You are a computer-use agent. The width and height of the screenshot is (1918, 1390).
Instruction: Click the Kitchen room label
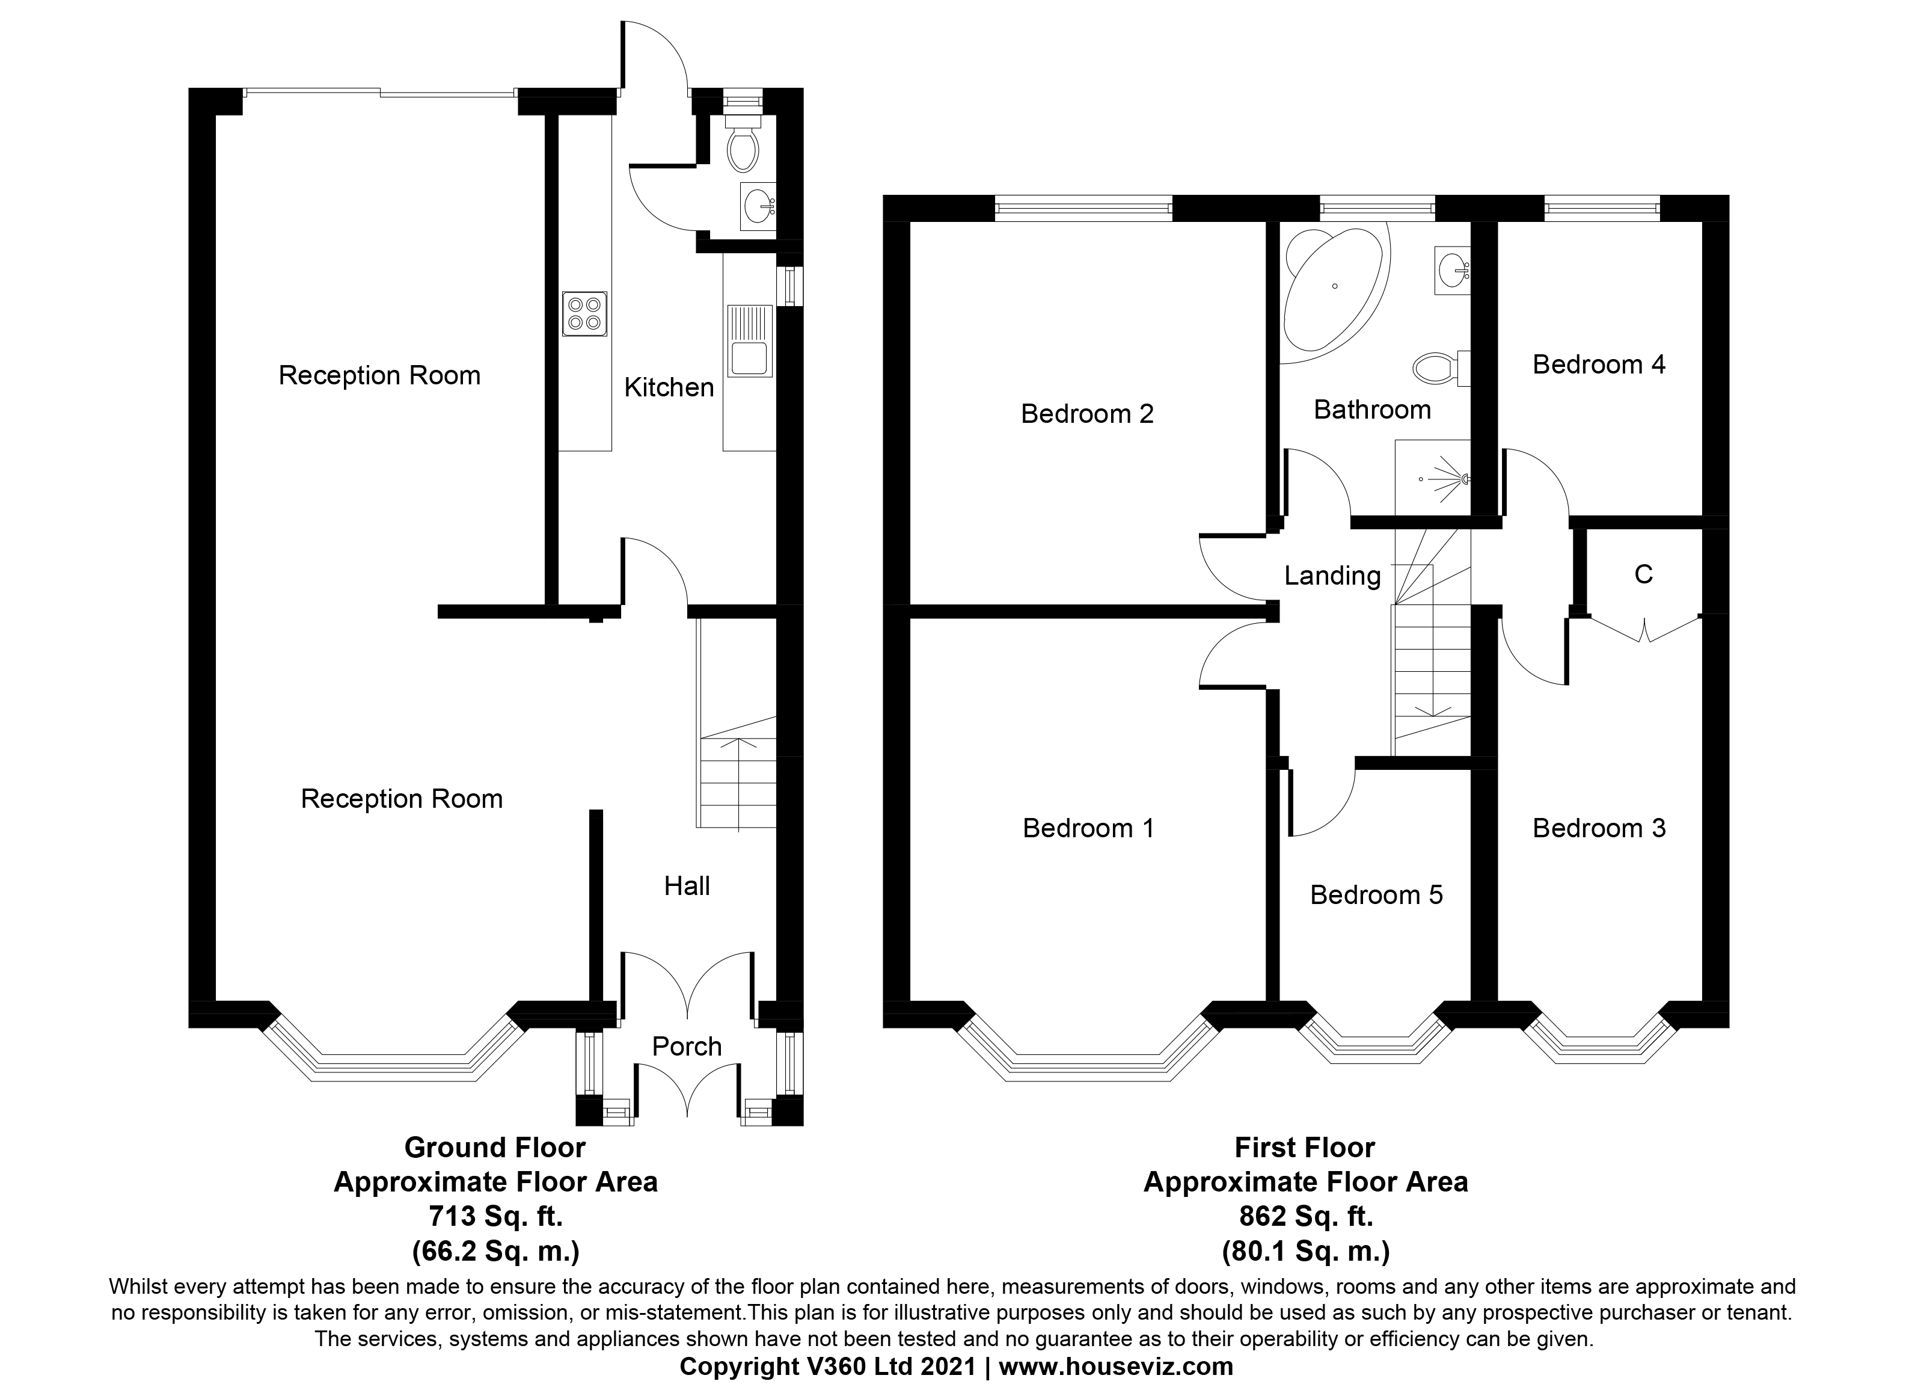[x=669, y=387]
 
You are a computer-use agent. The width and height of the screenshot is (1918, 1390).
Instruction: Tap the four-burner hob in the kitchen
[x=584, y=314]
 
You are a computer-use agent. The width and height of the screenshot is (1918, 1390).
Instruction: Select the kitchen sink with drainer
[x=750, y=341]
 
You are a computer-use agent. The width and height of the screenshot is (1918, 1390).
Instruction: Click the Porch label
[x=687, y=1047]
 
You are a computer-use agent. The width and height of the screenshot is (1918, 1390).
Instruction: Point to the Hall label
[x=687, y=886]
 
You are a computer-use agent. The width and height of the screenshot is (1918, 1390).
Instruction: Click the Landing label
[x=1332, y=576]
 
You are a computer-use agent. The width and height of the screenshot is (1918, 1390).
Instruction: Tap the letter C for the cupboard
[x=1643, y=574]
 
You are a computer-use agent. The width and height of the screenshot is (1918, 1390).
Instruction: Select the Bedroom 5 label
[x=1376, y=895]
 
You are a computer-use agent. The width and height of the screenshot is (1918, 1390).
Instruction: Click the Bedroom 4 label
[x=1598, y=364]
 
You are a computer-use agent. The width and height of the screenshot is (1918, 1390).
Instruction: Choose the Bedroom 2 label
[x=1086, y=414]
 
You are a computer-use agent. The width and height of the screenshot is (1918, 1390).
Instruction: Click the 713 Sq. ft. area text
[x=495, y=1217]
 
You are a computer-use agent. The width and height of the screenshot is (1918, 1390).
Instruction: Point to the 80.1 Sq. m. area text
[x=1305, y=1250]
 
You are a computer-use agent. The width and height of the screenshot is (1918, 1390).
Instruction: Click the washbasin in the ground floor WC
[x=758, y=206]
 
